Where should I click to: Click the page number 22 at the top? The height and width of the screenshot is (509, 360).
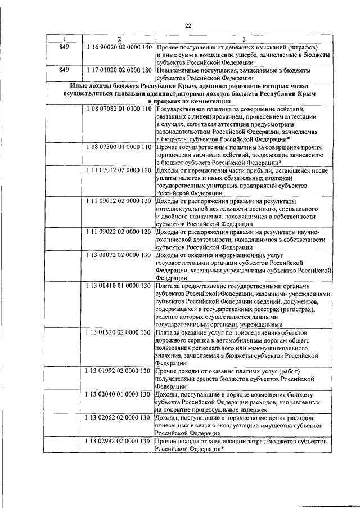click(x=188, y=25)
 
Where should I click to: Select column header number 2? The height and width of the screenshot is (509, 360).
click(x=119, y=39)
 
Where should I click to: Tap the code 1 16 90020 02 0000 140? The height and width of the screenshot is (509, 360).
click(x=119, y=47)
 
